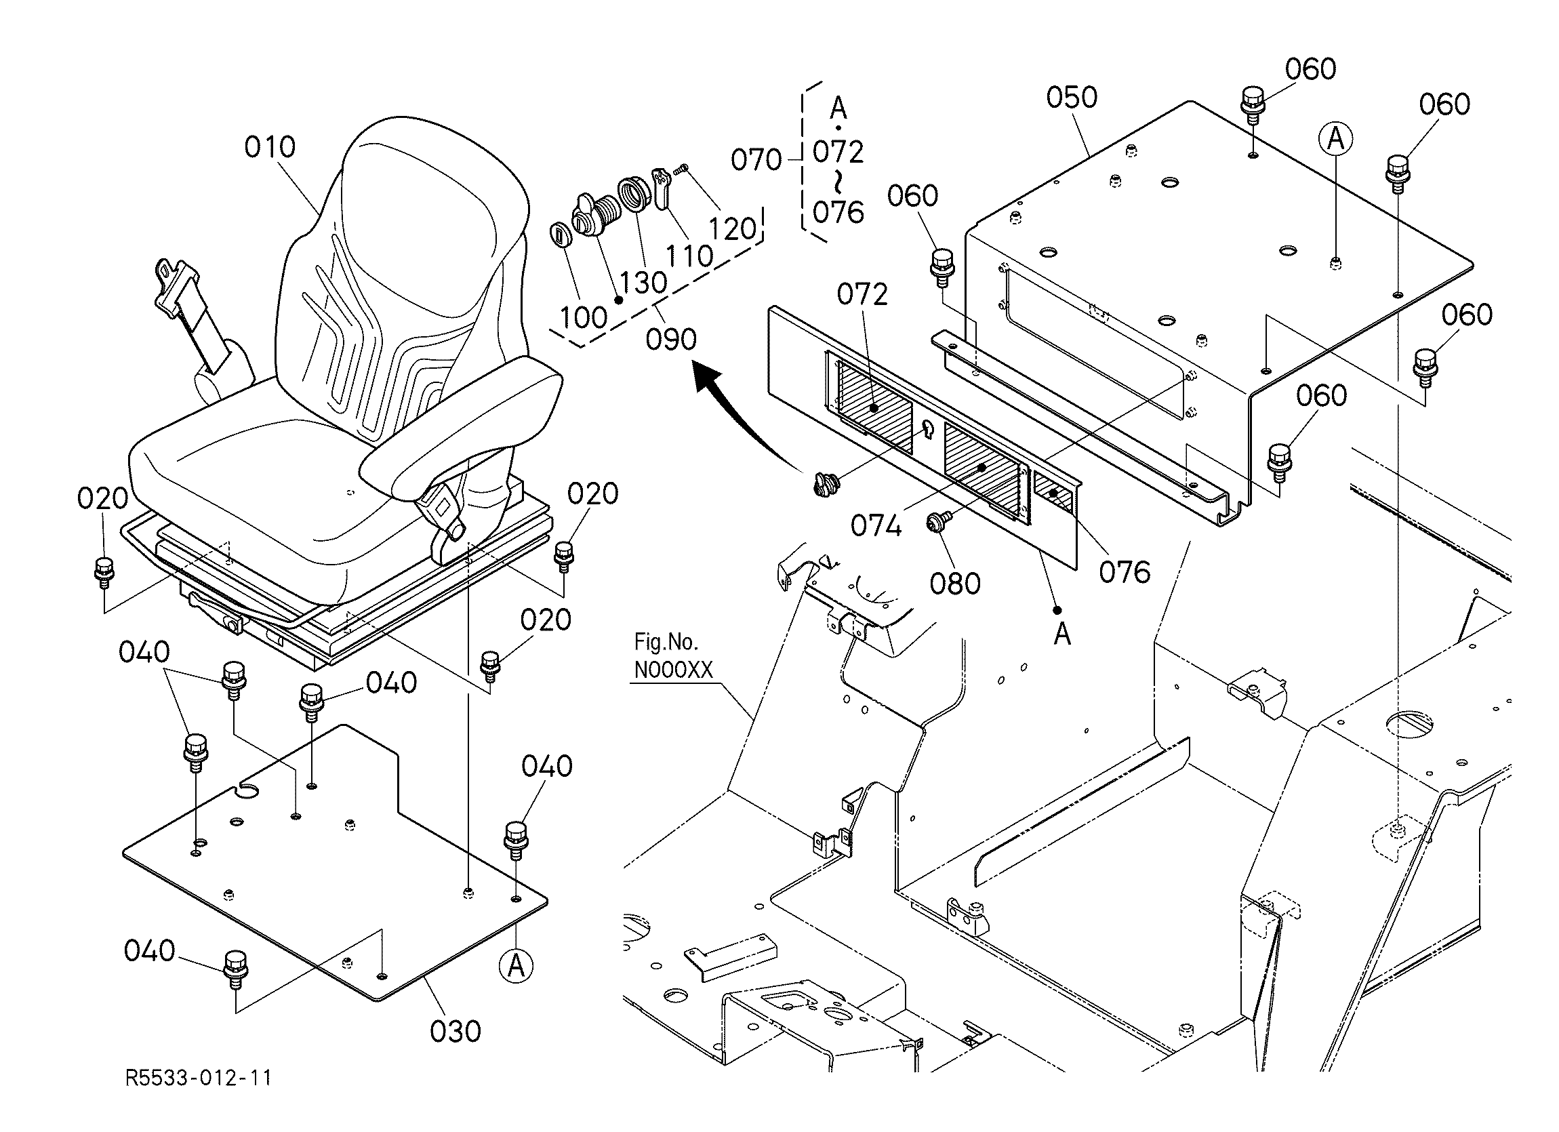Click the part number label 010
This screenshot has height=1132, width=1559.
point(270,147)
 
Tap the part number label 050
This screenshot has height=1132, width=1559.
point(1072,98)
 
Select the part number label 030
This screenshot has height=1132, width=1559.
point(455,1031)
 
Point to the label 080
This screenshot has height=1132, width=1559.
point(955,584)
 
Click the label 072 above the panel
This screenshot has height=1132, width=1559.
point(862,295)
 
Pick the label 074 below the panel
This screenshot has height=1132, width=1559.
point(876,527)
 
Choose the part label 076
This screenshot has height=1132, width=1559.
point(1125,572)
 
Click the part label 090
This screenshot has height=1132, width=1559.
point(671,340)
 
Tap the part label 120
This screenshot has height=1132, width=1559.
point(731,229)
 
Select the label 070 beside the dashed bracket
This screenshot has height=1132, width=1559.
point(756,160)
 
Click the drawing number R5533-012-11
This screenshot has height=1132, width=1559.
point(198,1077)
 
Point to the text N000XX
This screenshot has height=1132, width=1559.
point(673,670)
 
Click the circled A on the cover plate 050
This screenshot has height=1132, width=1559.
point(1335,140)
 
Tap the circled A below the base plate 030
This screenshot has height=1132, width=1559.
point(516,967)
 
